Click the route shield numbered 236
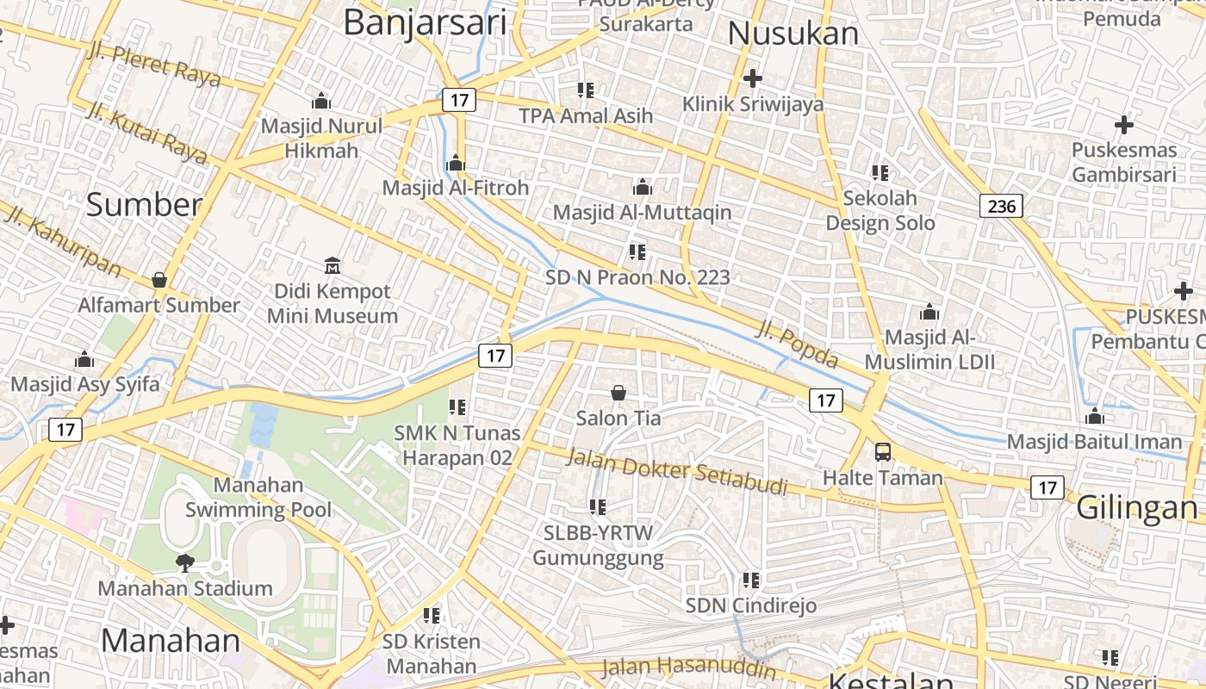1001,206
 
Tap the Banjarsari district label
425,22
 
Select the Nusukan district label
793,34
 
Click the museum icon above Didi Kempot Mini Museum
333,265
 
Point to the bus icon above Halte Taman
883,451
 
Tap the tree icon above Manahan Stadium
184,563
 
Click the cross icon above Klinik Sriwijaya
753,78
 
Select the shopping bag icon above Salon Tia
619,393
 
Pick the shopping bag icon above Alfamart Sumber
159,279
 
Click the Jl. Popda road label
797,343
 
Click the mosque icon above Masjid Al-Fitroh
456,162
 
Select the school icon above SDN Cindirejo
751,580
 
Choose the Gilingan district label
1136,507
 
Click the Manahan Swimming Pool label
258,497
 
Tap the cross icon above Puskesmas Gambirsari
1123,125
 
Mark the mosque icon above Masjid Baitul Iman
1095,417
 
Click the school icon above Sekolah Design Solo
880,172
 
